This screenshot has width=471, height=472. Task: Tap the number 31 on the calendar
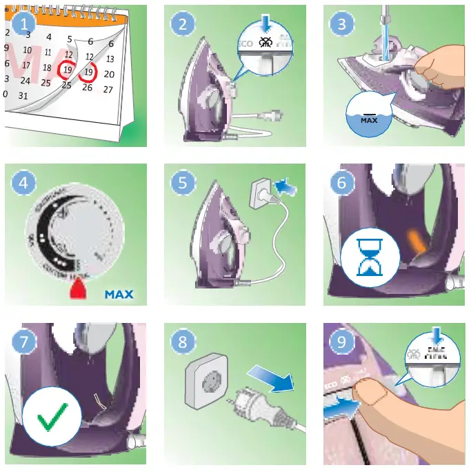[x=23, y=96]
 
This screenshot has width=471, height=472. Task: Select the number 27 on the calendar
[x=108, y=89]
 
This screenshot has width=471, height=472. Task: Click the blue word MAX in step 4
[x=119, y=295]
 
